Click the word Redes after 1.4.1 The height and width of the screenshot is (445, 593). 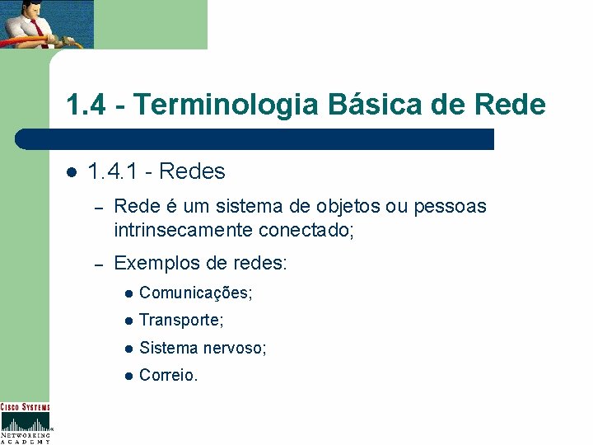(192, 171)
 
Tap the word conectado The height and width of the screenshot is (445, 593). (306, 229)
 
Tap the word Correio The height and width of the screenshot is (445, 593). (168, 376)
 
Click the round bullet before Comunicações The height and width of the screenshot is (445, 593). (128, 293)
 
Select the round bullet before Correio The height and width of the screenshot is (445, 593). (128, 376)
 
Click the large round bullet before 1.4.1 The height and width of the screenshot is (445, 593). (71, 172)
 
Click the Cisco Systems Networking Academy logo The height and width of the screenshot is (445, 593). (25, 423)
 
